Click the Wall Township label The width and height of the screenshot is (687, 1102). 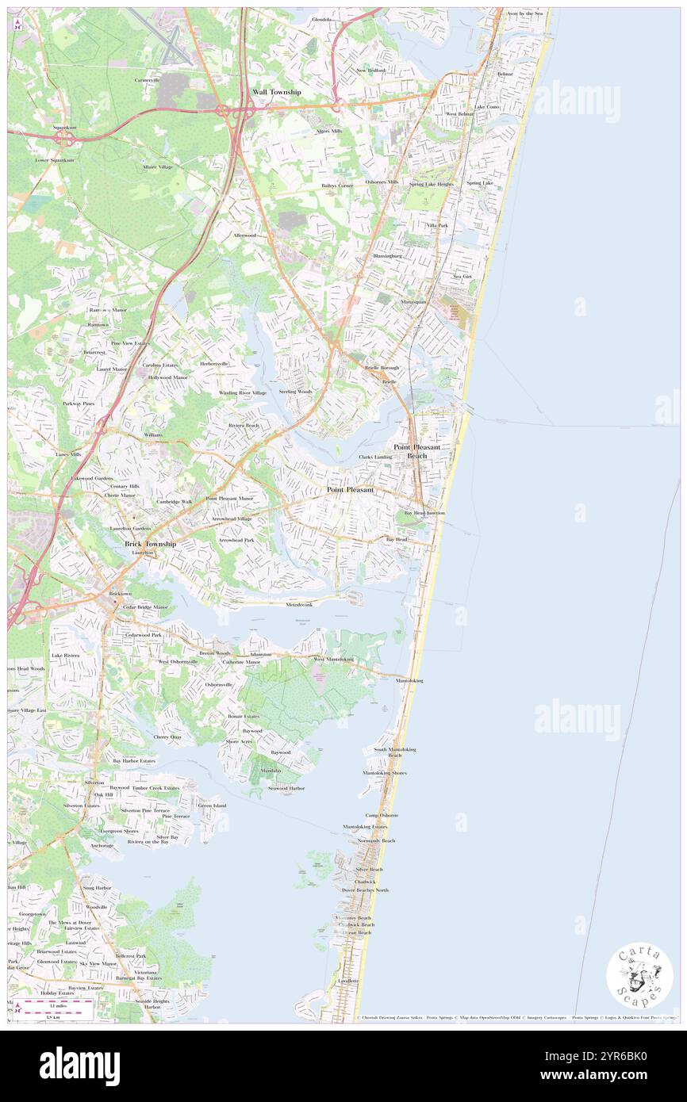(276, 92)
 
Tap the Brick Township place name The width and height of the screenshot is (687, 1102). (150, 545)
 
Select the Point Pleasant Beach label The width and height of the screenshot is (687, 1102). (416, 451)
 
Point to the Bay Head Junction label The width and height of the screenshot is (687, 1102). (424, 513)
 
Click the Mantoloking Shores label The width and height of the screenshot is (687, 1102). (385, 773)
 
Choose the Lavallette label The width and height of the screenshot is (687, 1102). (348, 981)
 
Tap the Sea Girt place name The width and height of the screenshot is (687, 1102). (462, 277)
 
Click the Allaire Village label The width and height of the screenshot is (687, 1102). (157, 167)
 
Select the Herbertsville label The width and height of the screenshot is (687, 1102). (213, 364)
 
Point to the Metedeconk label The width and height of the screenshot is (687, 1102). (299, 605)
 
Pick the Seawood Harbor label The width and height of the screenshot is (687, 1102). (286, 788)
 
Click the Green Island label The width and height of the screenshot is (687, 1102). (212, 805)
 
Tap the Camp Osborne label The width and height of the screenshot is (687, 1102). (382, 815)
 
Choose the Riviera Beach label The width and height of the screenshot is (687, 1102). (244, 426)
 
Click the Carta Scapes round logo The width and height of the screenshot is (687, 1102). (639, 977)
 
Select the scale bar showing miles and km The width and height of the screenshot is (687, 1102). (56, 1005)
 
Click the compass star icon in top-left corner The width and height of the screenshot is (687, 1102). (17, 25)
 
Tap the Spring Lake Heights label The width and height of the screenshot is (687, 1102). (432, 184)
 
